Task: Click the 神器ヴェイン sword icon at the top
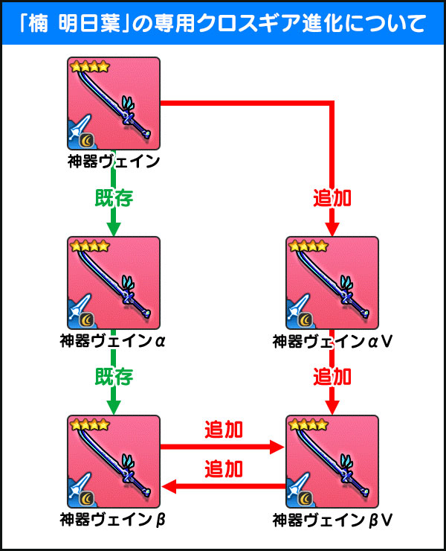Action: click(114, 103)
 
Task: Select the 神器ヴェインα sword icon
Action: click(114, 283)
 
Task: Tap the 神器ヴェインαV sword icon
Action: click(332, 283)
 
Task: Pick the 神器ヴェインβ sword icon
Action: click(114, 462)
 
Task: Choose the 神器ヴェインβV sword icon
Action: click(332, 462)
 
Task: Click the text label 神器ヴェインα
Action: click(112, 341)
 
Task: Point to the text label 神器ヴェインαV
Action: click(332, 341)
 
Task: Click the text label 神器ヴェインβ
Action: click(112, 520)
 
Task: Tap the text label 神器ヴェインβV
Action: click(332, 520)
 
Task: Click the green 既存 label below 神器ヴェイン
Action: click(114, 198)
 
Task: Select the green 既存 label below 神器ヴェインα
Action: click(114, 377)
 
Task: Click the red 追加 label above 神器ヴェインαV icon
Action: click(332, 198)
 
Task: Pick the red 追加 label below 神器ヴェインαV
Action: click(332, 377)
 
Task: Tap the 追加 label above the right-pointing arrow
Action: click(224, 430)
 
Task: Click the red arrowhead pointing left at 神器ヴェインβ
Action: click(169, 487)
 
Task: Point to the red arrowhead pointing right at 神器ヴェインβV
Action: click(277, 447)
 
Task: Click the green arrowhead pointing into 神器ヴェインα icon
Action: click(113, 229)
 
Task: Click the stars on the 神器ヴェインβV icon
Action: click(308, 424)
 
